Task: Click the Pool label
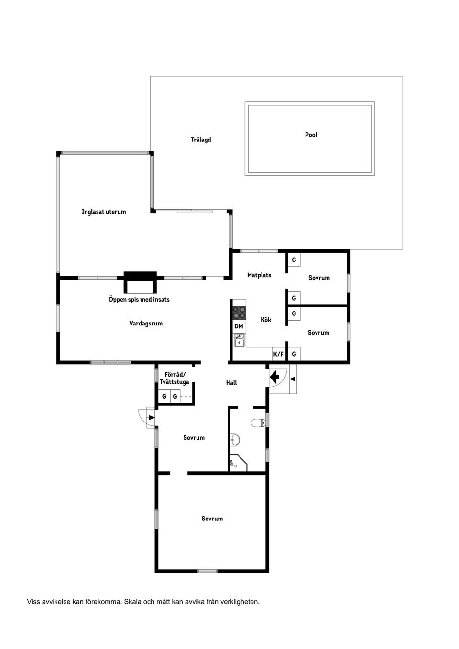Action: pyautogui.click(x=311, y=135)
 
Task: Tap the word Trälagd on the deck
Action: pyautogui.click(x=201, y=140)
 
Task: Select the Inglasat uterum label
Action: pyautogui.click(x=104, y=212)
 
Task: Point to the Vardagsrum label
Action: pyautogui.click(x=146, y=324)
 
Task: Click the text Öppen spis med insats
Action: pyautogui.click(x=139, y=299)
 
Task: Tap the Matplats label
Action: pyautogui.click(x=259, y=275)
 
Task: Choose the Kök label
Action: pyautogui.click(x=266, y=320)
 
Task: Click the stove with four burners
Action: pyautogui.click(x=239, y=313)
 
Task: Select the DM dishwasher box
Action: pyautogui.click(x=239, y=326)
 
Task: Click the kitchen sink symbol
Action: pyautogui.click(x=240, y=340)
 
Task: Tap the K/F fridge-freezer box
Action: pyautogui.click(x=278, y=354)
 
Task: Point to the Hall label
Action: pyautogui.click(x=231, y=383)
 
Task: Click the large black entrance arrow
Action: pyautogui.click(x=274, y=378)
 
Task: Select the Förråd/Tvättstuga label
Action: pyautogui.click(x=175, y=379)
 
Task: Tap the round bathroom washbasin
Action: pyautogui.click(x=234, y=440)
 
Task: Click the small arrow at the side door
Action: pyautogui.click(x=152, y=418)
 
